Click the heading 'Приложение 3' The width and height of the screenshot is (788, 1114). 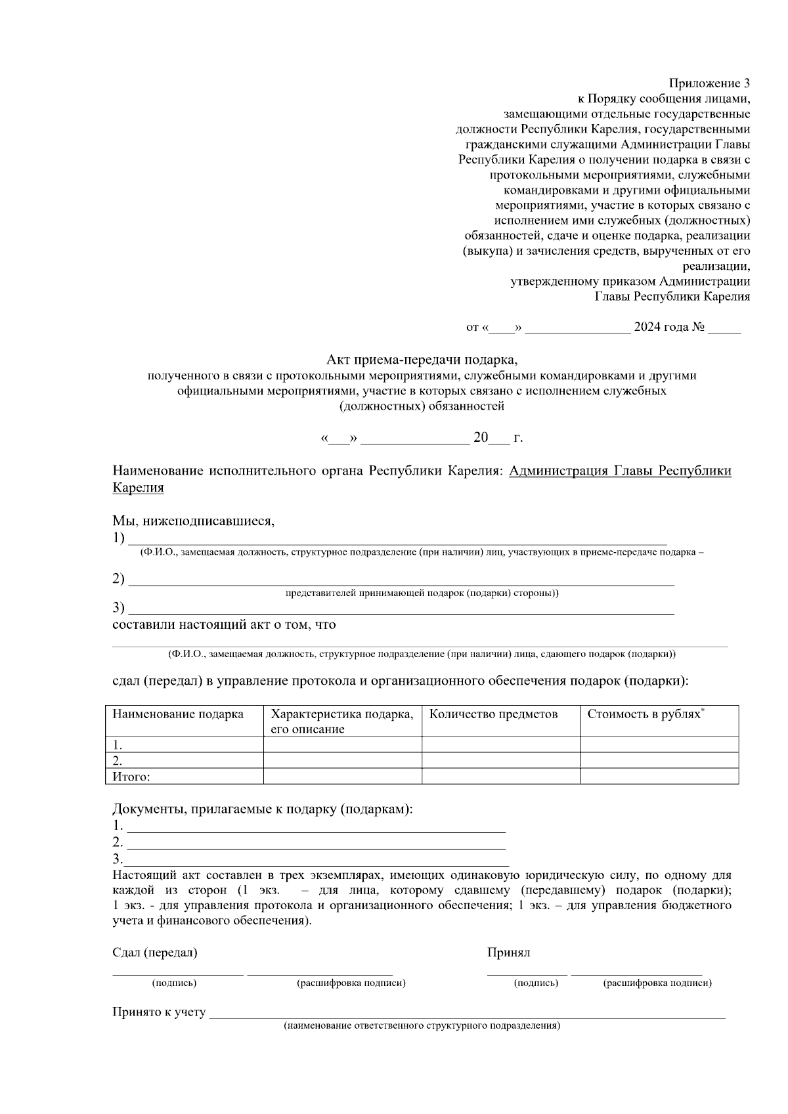[x=709, y=83]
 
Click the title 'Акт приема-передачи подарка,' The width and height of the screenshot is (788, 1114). [x=422, y=360]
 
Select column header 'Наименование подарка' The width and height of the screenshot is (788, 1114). [x=178, y=714]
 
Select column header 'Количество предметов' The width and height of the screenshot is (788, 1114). [x=493, y=714]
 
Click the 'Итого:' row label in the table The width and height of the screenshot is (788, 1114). [x=131, y=777]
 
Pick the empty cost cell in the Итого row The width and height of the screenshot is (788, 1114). [x=659, y=777]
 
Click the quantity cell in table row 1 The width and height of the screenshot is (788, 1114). [x=500, y=745]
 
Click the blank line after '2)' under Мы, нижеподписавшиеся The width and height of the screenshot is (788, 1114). [x=401, y=580]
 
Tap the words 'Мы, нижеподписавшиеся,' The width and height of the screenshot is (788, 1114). [x=193, y=521]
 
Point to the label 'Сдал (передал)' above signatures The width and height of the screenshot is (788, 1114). [x=155, y=953]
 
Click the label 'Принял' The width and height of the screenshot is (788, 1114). [x=508, y=953]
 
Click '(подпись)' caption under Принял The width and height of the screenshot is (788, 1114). [x=536, y=983]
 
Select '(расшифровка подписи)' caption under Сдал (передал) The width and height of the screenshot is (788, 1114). [x=351, y=983]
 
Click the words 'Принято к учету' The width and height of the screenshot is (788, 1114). [x=159, y=1012]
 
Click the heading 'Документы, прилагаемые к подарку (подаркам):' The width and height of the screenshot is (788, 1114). [x=263, y=809]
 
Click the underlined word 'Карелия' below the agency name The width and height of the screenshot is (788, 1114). [x=138, y=488]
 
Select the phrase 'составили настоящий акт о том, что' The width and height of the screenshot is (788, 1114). [x=224, y=624]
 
